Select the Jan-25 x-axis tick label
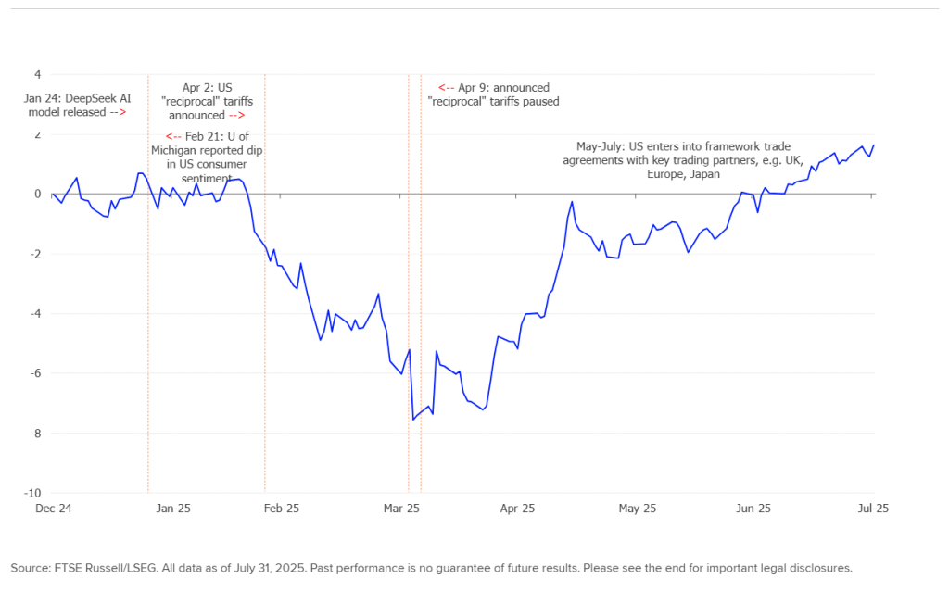point(172,508)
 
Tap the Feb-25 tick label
point(281,508)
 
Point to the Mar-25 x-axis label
point(401,508)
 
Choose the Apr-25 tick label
point(517,508)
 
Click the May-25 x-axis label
point(637,508)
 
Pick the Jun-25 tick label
point(753,508)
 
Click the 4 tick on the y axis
point(37,74)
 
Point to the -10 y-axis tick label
point(34,493)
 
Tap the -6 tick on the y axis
point(35,373)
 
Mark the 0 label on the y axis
point(37,195)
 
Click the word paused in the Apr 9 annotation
point(540,102)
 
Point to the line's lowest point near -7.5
point(412,420)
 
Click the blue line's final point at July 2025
point(874,145)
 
